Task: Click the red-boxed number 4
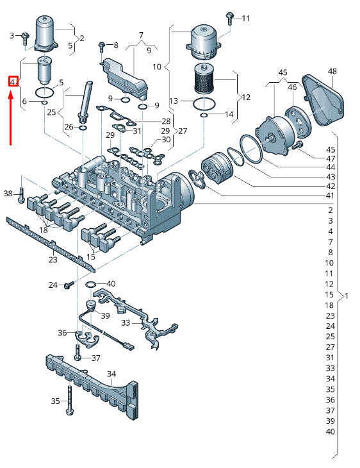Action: pyautogui.click(x=12, y=81)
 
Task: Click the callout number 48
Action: pyautogui.click(x=332, y=71)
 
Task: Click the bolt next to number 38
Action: pyautogui.click(x=22, y=194)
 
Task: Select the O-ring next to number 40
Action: pyautogui.click(x=92, y=284)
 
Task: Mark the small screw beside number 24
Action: pyautogui.click(x=69, y=285)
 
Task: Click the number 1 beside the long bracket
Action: pyautogui.click(x=347, y=296)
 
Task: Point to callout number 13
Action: pyautogui.click(x=174, y=101)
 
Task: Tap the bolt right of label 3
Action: pyautogui.click(x=24, y=37)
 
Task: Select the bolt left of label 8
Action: pyautogui.click(x=102, y=46)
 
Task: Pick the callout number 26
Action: pyautogui.click(x=69, y=127)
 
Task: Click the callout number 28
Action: pyautogui.click(x=166, y=121)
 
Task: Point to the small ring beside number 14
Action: pyautogui.click(x=204, y=115)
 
